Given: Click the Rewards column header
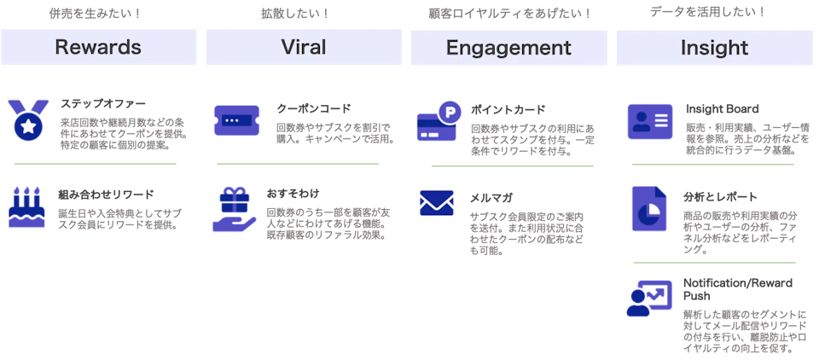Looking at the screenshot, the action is (98, 47).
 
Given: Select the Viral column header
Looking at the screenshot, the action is (304, 47).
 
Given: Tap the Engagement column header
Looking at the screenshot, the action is (508, 48).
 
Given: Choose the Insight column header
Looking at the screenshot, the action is (714, 48).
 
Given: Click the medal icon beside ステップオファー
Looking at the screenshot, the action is (28, 119).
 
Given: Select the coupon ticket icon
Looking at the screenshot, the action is (236, 120).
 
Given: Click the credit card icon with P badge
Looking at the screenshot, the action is (439, 121).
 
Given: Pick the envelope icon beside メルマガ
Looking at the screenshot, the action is (436, 203).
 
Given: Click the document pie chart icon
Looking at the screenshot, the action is (649, 208).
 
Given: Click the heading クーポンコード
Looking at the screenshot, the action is (314, 108).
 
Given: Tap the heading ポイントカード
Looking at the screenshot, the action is (508, 110).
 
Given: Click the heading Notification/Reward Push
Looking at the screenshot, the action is (737, 289).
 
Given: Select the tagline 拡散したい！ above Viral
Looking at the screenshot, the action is (295, 14).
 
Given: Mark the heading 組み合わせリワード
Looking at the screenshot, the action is (106, 195).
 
